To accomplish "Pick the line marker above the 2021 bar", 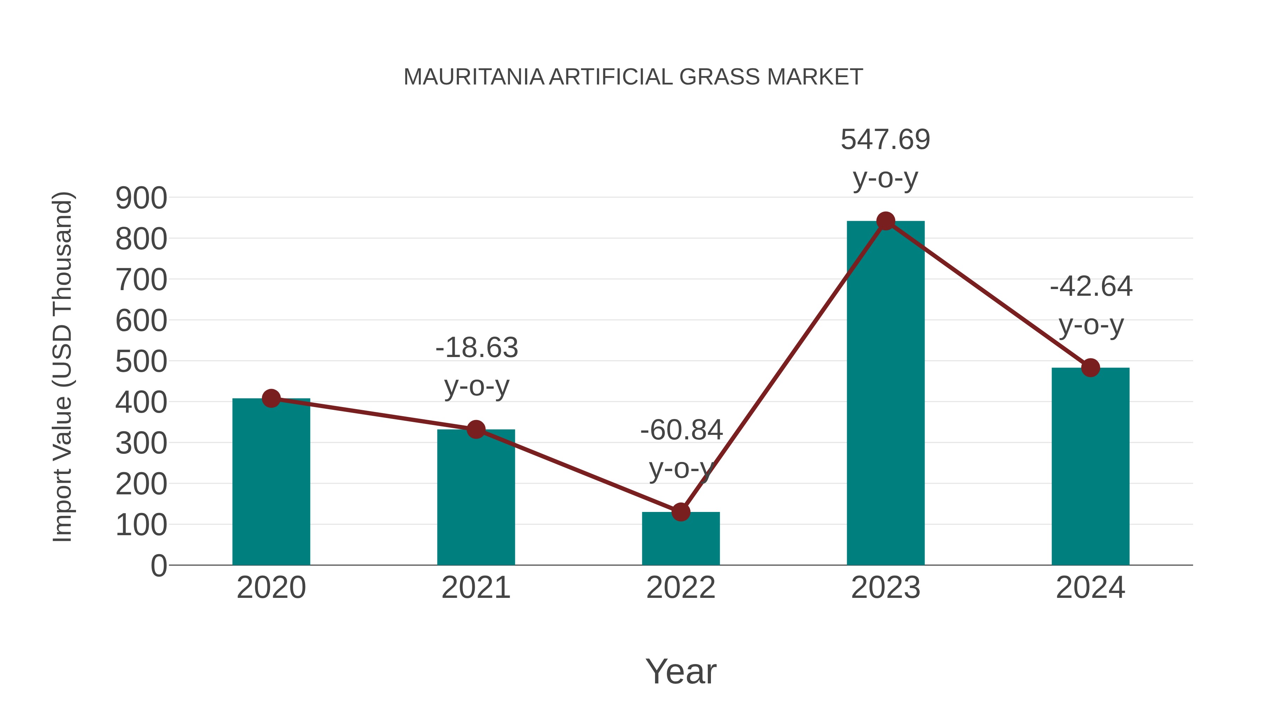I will (x=475, y=429).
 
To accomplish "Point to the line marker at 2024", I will (x=1090, y=367).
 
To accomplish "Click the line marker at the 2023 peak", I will (x=885, y=221).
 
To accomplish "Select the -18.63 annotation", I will (x=477, y=348).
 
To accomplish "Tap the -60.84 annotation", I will (x=681, y=430).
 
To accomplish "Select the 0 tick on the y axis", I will (x=158, y=565).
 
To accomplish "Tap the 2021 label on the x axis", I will (x=475, y=588).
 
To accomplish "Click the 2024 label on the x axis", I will (x=1090, y=588).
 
